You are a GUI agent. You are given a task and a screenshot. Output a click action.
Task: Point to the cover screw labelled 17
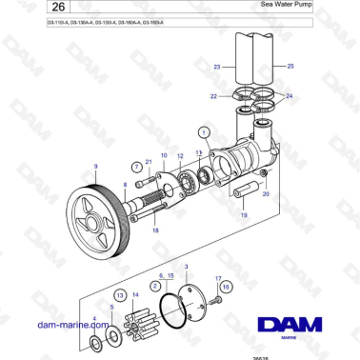pyautogui.click(x=218, y=298)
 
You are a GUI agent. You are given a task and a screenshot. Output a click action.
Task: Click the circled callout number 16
pyautogui.click(x=226, y=285)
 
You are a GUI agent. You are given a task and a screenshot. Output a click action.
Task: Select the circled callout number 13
pyautogui.click(x=121, y=296)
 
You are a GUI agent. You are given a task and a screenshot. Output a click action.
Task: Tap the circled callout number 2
pyautogui.click(x=154, y=286)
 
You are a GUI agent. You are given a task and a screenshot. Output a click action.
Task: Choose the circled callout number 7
pyautogui.click(x=137, y=167)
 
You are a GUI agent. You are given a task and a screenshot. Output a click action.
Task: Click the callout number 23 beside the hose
pyautogui.click(x=216, y=67)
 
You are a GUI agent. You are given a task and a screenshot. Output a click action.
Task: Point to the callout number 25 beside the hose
pyautogui.click(x=290, y=67)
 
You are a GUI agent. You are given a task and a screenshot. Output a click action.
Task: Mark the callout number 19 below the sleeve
pyautogui.click(x=243, y=216)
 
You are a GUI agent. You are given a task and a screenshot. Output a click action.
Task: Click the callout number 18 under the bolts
pyautogui.click(x=156, y=231)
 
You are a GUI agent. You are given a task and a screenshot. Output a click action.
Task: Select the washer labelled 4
pyautogui.click(x=97, y=341)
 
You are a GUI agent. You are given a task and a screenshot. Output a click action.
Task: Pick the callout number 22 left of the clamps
pyautogui.click(x=214, y=96)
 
